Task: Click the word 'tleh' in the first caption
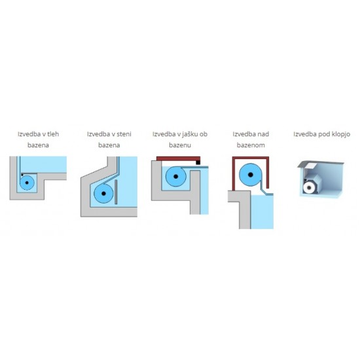pyautogui.click(x=54, y=134)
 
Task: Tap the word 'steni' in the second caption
pyautogui.click(x=124, y=134)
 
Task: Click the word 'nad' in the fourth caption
pyautogui.click(x=263, y=134)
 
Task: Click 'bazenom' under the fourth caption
pyautogui.click(x=251, y=145)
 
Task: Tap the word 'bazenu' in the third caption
pyautogui.click(x=180, y=145)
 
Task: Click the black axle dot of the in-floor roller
pyautogui.click(x=27, y=183)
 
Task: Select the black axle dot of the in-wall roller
pyautogui.click(x=103, y=194)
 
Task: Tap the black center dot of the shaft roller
pyautogui.click(x=176, y=177)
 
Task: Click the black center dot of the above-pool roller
pyautogui.click(x=251, y=175)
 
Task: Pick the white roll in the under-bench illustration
pyautogui.click(x=309, y=188)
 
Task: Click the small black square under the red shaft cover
pyautogui.click(x=198, y=162)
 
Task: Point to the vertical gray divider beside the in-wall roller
pyautogui.click(x=116, y=192)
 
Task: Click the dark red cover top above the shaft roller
pyautogui.click(x=178, y=158)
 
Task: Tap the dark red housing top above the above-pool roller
pyautogui.click(x=251, y=158)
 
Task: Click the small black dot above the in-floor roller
pyautogui.click(x=22, y=175)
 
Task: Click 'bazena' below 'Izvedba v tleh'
pyautogui.click(x=38, y=145)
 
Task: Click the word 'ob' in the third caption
pyautogui.click(x=203, y=134)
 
